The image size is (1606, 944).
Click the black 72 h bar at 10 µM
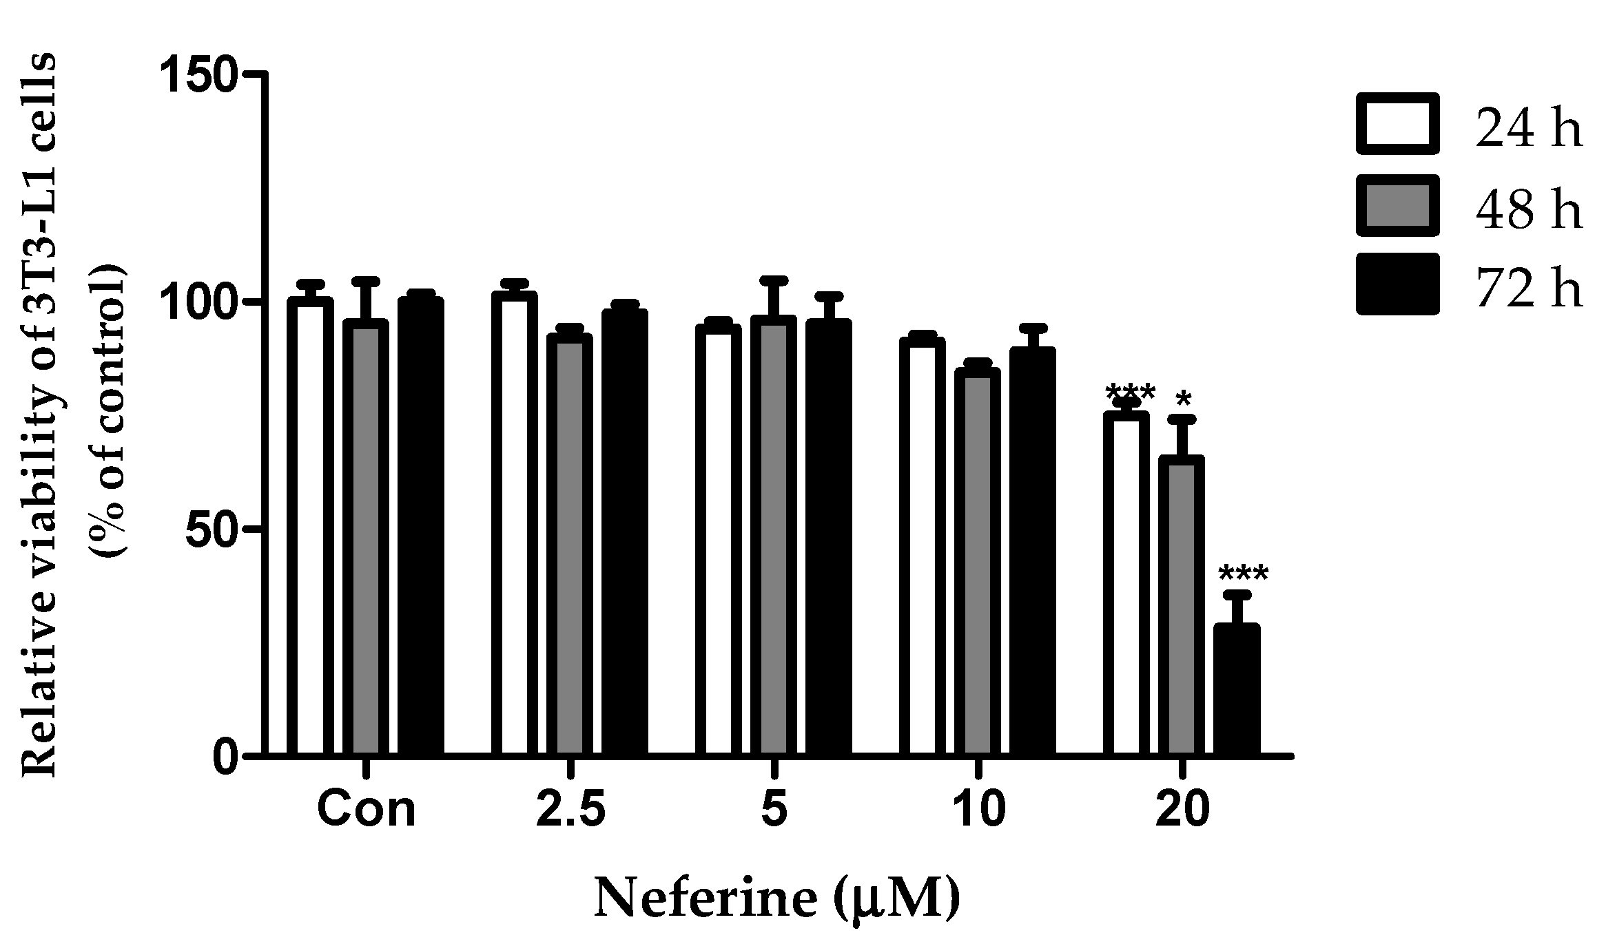point(1032,551)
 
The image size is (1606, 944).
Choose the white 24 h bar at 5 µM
point(718,541)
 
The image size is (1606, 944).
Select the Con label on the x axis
point(367,810)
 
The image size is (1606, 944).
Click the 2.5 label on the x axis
point(570,810)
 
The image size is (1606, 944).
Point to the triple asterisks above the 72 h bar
point(1243,574)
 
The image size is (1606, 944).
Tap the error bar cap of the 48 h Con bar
point(366,280)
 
